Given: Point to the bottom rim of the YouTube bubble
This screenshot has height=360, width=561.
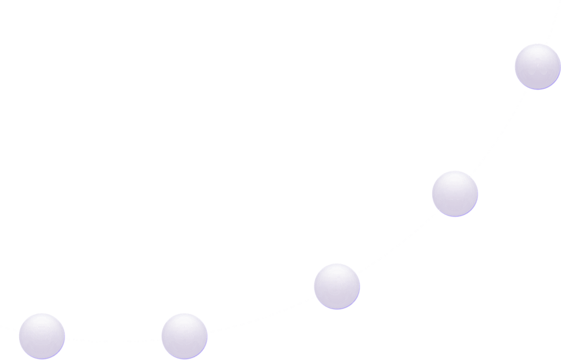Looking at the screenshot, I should point(455,216).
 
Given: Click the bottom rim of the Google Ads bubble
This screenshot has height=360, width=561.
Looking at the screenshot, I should point(537,89).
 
